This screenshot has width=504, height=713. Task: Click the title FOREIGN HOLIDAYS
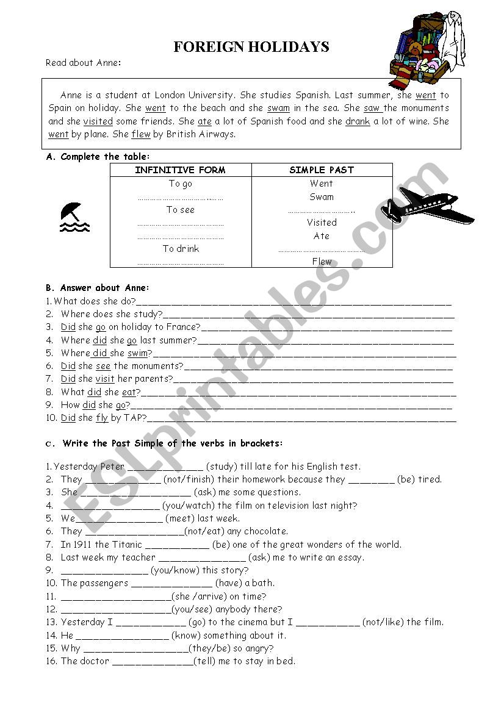pyautogui.click(x=251, y=47)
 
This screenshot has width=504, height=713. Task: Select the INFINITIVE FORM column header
pyautogui.click(x=180, y=170)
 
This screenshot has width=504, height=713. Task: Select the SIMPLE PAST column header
pyautogui.click(x=322, y=170)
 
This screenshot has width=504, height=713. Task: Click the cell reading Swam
pyautogui.click(x=322, y=197)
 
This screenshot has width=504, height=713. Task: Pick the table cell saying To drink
pyautogui.click(x=181, y=249)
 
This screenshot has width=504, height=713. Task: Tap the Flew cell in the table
pyautogui.click(x=322, y=262)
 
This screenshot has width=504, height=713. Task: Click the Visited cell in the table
pyautogui.click(x=322, y=223)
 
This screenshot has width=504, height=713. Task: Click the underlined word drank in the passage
pyautogui.click(x=358, y=121)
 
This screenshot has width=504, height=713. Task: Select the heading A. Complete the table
pyautogui.click(x=98, y=157)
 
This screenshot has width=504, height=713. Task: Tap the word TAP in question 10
pyautogui.click(x=134, y=418)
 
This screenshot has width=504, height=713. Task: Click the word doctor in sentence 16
pyautogui.click(x=95, y=661)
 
